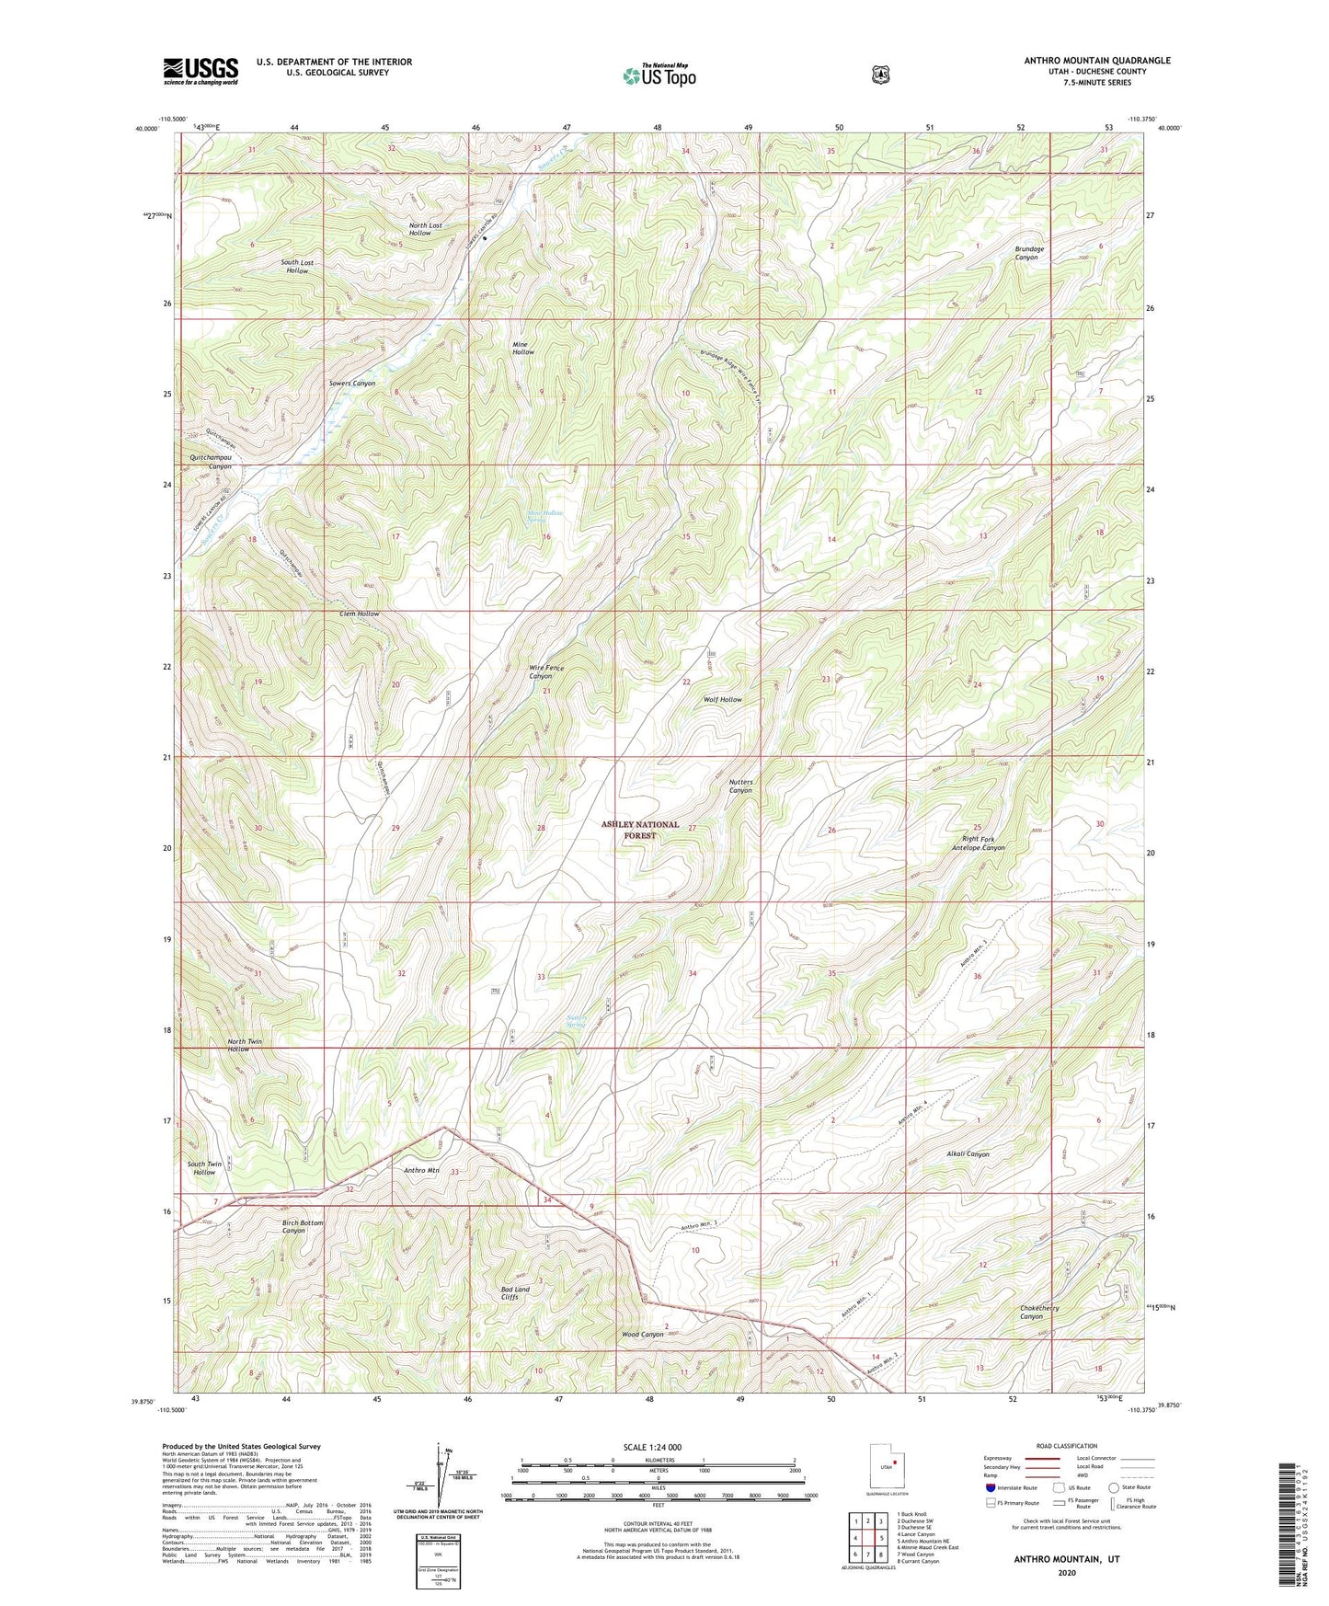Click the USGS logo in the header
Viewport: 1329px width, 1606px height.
[x=200, y=71]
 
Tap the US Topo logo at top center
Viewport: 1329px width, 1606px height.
[x=657, y=75]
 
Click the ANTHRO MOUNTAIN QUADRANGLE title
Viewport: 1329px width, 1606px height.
[x=1097, y=61]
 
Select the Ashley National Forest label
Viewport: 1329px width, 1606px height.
[x=640, y=830]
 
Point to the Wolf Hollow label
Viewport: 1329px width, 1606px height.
[x=722, y=700]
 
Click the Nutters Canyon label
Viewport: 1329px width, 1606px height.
[x=740, y=786]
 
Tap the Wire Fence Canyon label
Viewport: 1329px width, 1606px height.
[x=546, y=671]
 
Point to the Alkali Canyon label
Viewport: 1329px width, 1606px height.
[x=967, y=1153]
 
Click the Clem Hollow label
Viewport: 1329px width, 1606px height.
[x=359, y=614]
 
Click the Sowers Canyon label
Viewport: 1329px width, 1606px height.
[x=352, y=383]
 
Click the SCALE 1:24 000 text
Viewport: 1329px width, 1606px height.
[x=652, y=1447]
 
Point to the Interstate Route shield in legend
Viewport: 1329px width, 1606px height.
[x=989, y=1487]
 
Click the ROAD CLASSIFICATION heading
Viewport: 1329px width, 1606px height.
[x=1066, y=1446]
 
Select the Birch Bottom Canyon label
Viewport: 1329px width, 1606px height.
[x=302, y=1226]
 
